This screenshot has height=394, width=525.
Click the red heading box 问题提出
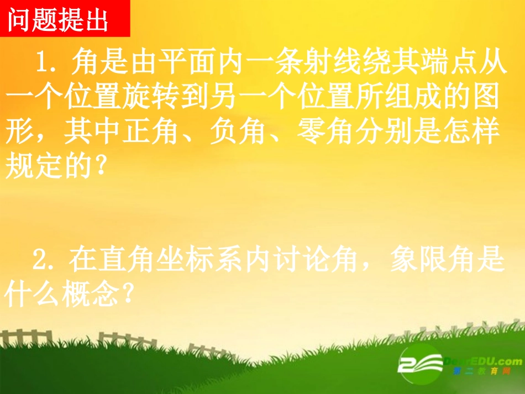click(x=65, y=19)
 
